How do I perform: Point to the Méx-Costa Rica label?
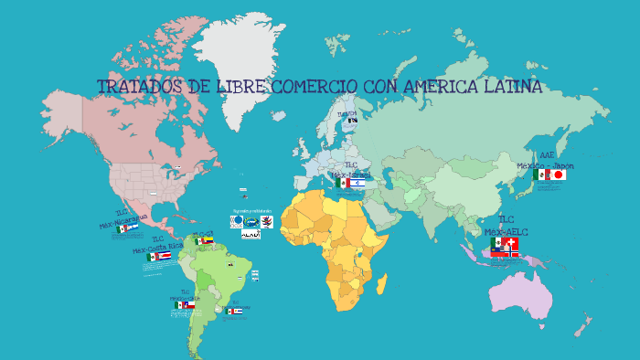(157, 248)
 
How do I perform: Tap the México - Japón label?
(545, 165)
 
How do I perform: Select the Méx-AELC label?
(507, 232)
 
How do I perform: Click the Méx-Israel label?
(351, 174)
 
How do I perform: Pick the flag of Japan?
(557, 175)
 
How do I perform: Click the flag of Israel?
(357, 183)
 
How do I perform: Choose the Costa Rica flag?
(165, 257)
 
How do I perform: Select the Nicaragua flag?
(133, 228)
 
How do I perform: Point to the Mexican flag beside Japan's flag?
(540, 175)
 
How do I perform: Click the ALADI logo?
(251, 234)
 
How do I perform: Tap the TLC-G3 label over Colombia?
(203, 233)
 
